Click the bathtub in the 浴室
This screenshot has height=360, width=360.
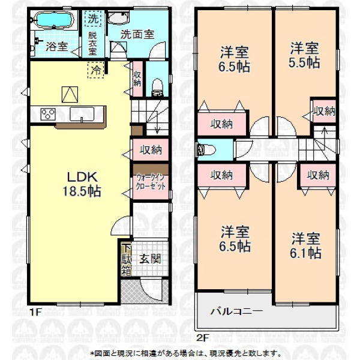tap(54, 20)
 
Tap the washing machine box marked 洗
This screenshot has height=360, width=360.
tap(93, 19)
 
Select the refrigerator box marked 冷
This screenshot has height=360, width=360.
tap(96, 70)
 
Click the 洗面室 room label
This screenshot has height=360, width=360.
tap(137, 35)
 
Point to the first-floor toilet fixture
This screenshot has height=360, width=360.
tap(157, 87)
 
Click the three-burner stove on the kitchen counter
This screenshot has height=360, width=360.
tap(48, 114)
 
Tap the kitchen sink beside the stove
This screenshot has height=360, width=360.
tap(82, 114)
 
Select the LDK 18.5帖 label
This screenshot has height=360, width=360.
tap(82, 184)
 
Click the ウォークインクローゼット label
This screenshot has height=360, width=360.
tap(151, 182)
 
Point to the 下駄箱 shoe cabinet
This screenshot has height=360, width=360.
tap(126, 259)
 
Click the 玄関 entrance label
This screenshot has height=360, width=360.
tap(150, 259)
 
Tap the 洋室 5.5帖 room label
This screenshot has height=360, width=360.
tap(304, 55)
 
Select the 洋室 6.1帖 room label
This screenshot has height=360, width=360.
tap(305, 245)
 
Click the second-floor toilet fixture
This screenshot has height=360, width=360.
tap(206, 150)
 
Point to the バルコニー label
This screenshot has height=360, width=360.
tap(236, 311)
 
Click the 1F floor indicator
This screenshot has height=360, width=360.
tap(35, 312)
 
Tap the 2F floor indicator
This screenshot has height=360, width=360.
tap(202, 338)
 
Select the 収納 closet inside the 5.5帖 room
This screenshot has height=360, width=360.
tap(325, 112)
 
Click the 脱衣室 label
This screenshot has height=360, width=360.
tap(92, 43)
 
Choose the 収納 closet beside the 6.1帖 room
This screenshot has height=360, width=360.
tap(318, 175)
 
